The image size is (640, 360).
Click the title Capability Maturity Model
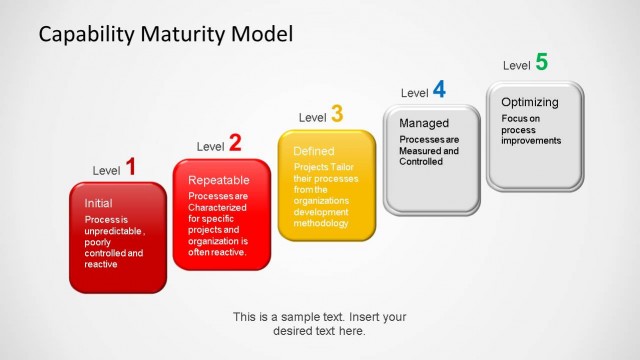coord(166,34)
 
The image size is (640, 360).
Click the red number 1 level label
coord(130,166)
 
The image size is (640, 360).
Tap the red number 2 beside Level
coord(234,143)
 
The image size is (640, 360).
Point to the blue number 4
coord(439,90)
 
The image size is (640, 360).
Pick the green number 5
coord(541,62)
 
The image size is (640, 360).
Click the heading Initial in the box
coord(98,204)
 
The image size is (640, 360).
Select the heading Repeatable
coord(219,180)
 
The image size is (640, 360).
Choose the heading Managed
coord(424,123)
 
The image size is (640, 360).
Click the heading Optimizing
coord(530,102)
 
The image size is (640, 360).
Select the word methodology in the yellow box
coord(321,223)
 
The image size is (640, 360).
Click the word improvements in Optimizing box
coord(532,141)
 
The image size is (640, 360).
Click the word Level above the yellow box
coord(312,118)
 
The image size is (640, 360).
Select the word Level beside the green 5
coord(516,66)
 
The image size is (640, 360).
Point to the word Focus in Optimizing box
coord(515,118)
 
